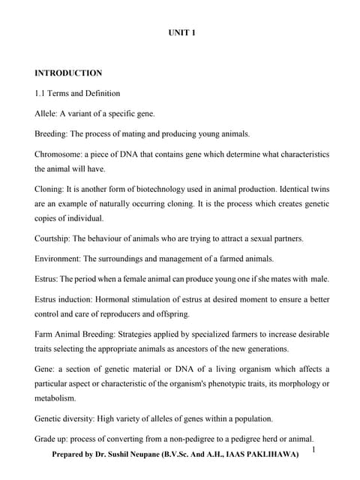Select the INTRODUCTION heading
click(x=68, y=73)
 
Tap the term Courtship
click(x=55, y=238)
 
